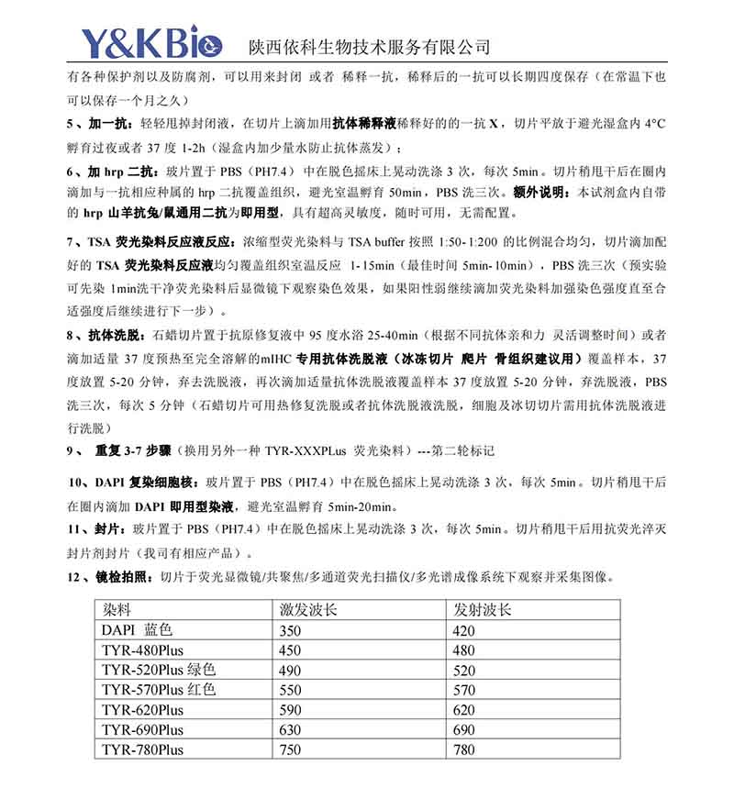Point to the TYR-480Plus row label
tap(142, 650)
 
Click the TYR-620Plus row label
tap(142, 710)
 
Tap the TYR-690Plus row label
tap(142, 730)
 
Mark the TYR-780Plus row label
tap(142, 750)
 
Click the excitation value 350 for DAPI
tap(290, 630)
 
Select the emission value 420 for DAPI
tap(464, 630)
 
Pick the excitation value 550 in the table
tap(290, 690)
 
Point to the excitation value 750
tap(290, 750)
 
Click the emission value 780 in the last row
tap(464, 750)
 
